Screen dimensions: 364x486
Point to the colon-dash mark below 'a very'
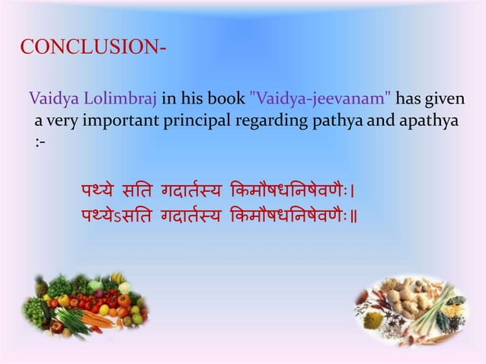(39, 142)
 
